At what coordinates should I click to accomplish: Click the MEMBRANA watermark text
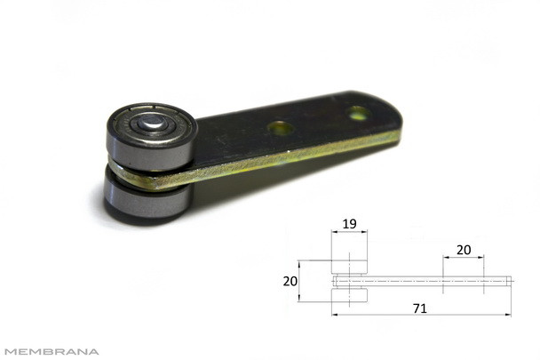[52, 352]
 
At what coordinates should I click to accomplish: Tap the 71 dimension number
[420, 308]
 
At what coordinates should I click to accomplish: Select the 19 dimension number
[349, 224]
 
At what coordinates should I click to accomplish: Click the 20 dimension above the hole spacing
[464, 250]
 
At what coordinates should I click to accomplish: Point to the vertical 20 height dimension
[290, 282]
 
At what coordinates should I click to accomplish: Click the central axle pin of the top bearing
[152, 122]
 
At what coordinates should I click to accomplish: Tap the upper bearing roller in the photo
[152, 137]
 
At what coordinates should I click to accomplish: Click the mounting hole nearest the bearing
[281, 128]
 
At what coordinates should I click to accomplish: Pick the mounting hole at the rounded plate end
[358, 113]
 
